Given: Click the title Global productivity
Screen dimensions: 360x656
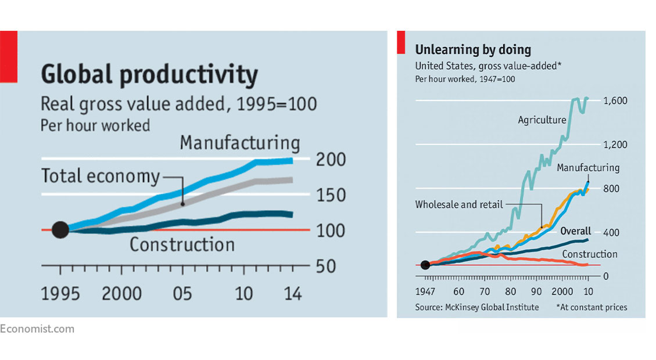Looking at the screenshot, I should [149, 75].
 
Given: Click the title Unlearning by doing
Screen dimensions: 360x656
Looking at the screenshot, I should [472, 49].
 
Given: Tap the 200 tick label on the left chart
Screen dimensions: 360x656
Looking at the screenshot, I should [331, 160].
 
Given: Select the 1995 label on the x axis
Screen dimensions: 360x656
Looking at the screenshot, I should [60, 293].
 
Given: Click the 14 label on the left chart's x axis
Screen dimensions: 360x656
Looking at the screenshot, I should [293, 293].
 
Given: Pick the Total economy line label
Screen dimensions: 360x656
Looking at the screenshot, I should [100, 176].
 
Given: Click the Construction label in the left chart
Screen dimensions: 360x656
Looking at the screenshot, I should [182, 244].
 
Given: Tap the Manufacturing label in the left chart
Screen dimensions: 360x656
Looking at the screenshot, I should [239, 143].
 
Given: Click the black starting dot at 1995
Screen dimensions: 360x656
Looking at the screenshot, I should [60, 230].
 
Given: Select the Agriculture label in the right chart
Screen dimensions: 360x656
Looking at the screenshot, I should [542, 120].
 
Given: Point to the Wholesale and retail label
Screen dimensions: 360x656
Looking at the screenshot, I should [459, 204].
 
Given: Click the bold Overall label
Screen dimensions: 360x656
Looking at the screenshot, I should [575, 231].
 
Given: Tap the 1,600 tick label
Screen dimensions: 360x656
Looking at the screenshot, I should [615, 100].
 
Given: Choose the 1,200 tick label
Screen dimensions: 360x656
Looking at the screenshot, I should [615, 145].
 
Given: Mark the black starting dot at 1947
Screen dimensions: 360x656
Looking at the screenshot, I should [425, 265].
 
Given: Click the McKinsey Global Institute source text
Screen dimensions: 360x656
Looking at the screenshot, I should [476, 307].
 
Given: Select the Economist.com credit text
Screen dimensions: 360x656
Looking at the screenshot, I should [37, 329].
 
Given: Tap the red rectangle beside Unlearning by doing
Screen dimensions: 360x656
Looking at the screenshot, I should [401, 43].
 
